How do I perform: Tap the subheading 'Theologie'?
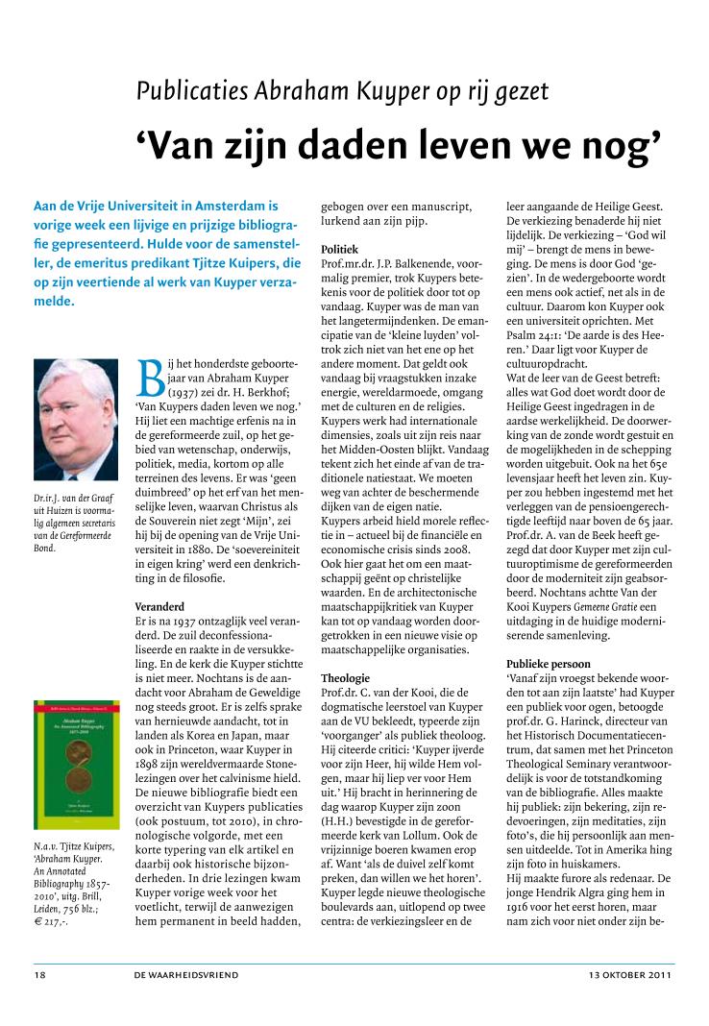(345, 677)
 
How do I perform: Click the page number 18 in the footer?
(40, 974)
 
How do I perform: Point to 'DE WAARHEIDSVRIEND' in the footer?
(187, 974)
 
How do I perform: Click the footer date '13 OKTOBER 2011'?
(631, 974)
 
